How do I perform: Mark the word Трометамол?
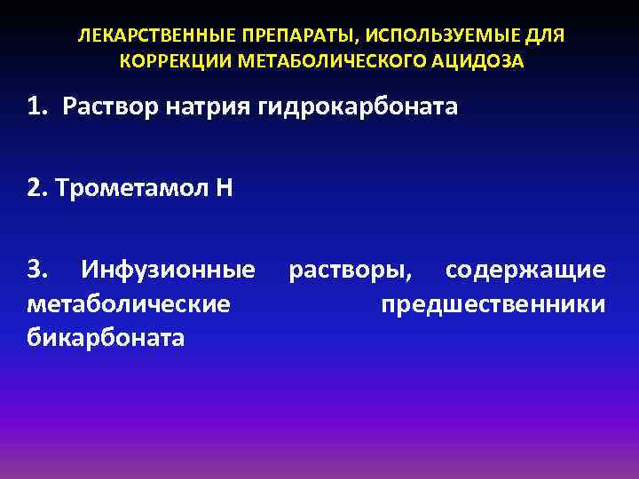130,188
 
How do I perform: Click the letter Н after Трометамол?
223,188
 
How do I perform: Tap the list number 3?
36,269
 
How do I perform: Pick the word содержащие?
525,270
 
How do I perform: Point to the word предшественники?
493,304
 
